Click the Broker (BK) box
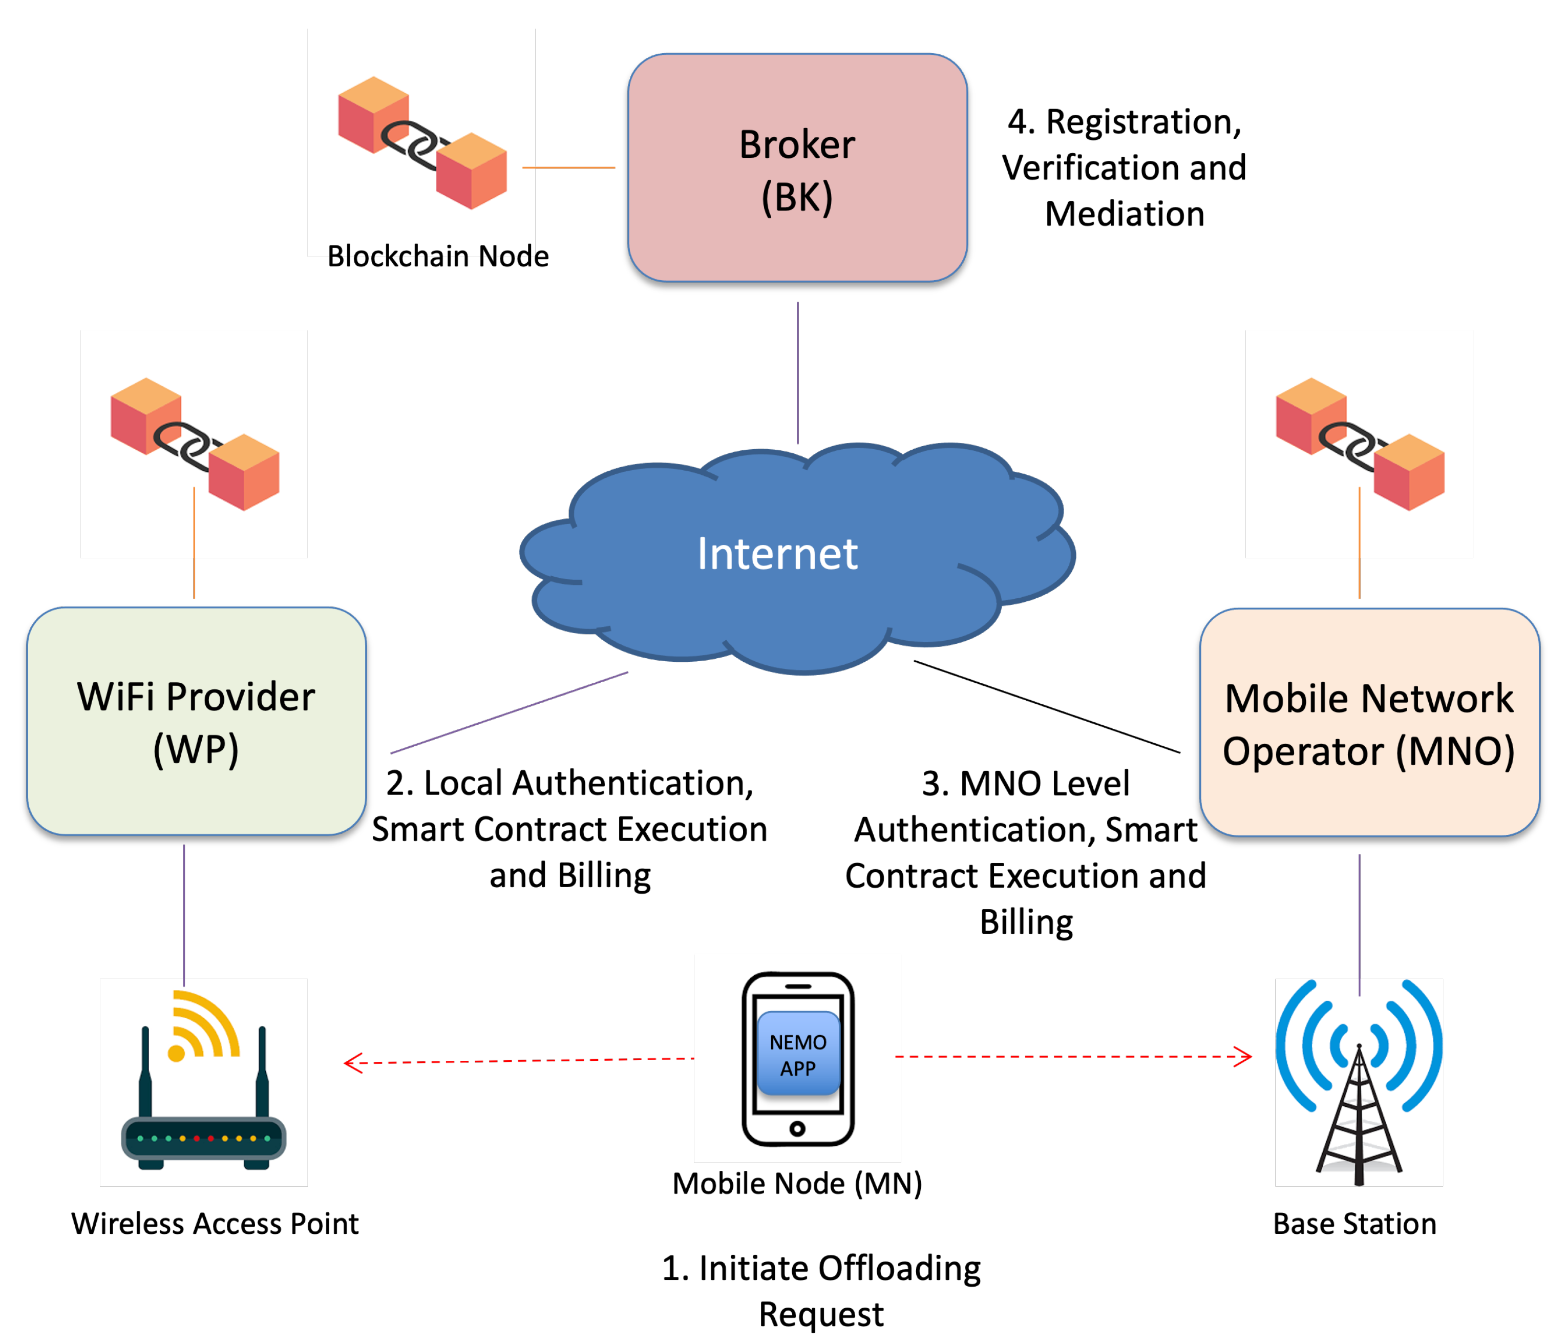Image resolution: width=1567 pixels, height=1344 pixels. pyautogui.click(x=797, y=168)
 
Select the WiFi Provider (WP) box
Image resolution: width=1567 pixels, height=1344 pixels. pyautogui.click(x=196, y=721)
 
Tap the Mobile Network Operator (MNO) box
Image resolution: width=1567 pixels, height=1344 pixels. pyautogui.click(x=1369, y=722)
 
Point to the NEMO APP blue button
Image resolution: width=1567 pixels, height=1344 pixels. pyautogui.click(x=798, y=1054)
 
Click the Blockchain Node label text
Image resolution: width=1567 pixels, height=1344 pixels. pyautogui.click(x=438, y=257)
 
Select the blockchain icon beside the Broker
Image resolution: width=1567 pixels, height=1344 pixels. pyautogui.click(x=422, y=143)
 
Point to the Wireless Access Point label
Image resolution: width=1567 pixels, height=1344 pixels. pyautogui.click(x=215, y=1223)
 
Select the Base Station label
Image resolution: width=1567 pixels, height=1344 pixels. pyautogui.click(x=1354, y=1223)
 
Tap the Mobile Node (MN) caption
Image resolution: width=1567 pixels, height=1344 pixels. pyautogui.click(x=797, y=1183)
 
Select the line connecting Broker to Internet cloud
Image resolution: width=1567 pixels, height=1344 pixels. pyautogui.click(x=797, y=372)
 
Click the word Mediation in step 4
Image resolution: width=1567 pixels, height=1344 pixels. pyautogui.click(x=1125, y=214)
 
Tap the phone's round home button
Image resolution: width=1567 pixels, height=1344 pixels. pyautogui.click(x=797, y=1128)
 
